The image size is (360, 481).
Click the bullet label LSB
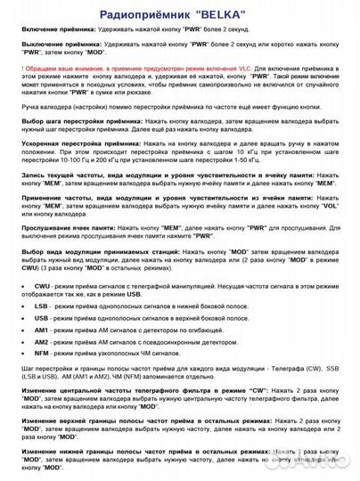coord(41,306)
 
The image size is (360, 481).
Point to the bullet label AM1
coord(41,330)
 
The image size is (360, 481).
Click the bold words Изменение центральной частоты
coord(78,392)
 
